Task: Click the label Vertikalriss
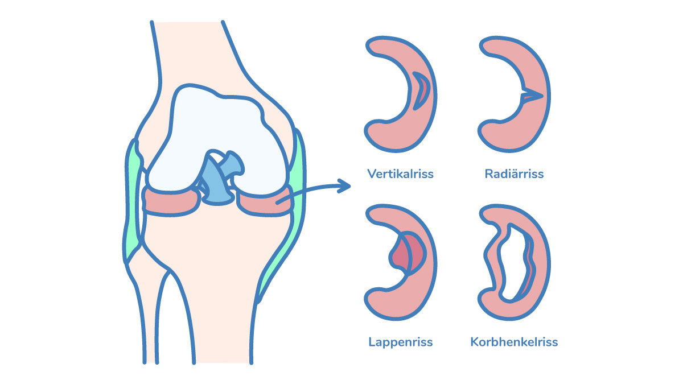tap(400, 174)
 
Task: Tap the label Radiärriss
tap(514, 174)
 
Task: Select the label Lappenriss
tap(400, 342)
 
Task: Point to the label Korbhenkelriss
tap(514, 342)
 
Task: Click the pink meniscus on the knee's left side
tap(171, 202)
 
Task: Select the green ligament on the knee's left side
tap(133, 199)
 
